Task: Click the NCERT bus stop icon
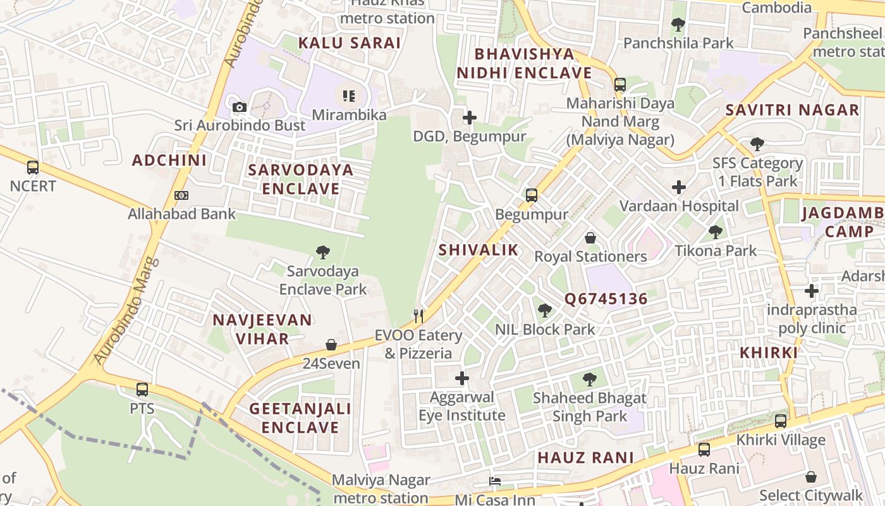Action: click(33, 168)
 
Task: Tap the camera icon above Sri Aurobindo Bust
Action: click(239, 108)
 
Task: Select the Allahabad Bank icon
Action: click(181, 195)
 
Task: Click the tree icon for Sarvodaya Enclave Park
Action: click(323, 252)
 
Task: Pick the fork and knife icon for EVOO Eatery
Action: click(418, 316)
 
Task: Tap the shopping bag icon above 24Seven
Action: click(331, 345)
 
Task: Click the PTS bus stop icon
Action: click(142, 390)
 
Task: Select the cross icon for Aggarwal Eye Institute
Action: click(462, 378)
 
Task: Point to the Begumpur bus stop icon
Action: click(532, 195)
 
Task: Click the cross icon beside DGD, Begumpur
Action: click(469, 118)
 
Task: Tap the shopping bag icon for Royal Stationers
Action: click(590, 238)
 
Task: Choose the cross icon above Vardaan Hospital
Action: click(679, 187)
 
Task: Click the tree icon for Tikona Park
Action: click(716, 232)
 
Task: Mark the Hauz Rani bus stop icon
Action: click(704, 450)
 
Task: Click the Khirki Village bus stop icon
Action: click(781, 421)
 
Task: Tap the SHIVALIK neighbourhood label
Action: click(479, 250)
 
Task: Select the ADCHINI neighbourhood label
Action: click(169, 160)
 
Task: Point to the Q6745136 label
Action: click(606, 299)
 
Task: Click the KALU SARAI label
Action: click(350, 43)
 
